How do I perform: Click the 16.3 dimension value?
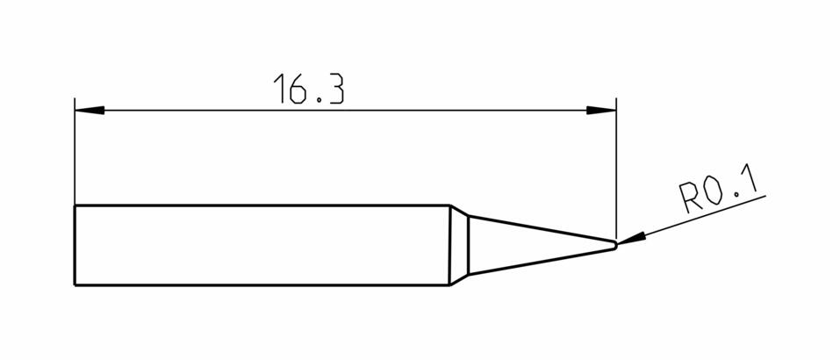click(309, 89)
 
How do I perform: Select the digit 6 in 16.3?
click(298, 89)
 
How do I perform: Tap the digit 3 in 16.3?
click(335, 89)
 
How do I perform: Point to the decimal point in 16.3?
click(319, 100)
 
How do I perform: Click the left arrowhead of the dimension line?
click(90, 111)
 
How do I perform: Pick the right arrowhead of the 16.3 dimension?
click(601, 111)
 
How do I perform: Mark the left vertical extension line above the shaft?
click(75, 152)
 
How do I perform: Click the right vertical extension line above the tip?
click(616, 169)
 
